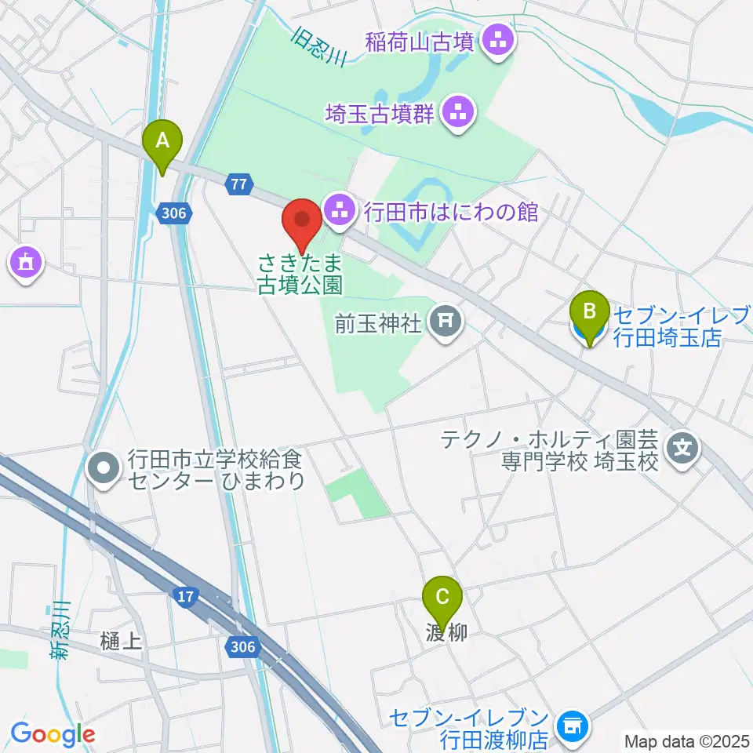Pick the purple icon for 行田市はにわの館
click(x=340, y=211)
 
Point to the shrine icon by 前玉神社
click(x=446, y=322)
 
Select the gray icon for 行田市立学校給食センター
click(x=104, y=468)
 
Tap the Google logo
click(x=53, y=734)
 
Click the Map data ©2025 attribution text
click(x=686, y=740)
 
